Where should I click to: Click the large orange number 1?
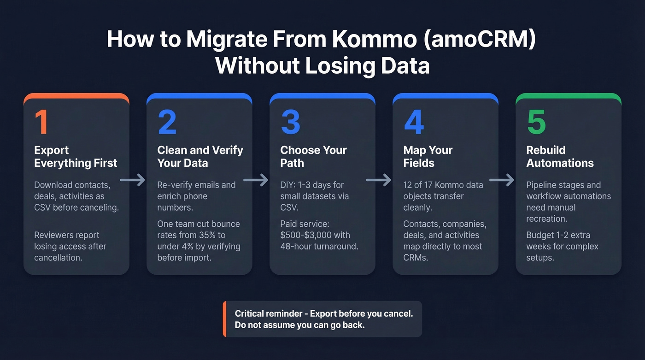41,122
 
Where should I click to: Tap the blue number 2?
167,122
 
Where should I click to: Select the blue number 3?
290,122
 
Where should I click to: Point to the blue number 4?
414,122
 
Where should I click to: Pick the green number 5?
537,122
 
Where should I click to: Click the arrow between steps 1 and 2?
132,180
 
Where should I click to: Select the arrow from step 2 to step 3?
255,180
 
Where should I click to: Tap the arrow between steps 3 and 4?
378,180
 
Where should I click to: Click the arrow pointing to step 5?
501,180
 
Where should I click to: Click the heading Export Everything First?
76,157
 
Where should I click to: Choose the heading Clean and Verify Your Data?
200,157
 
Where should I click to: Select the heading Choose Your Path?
313,157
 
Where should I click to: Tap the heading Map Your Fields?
428,157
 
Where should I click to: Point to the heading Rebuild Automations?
560,157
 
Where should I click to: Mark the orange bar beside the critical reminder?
224,319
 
